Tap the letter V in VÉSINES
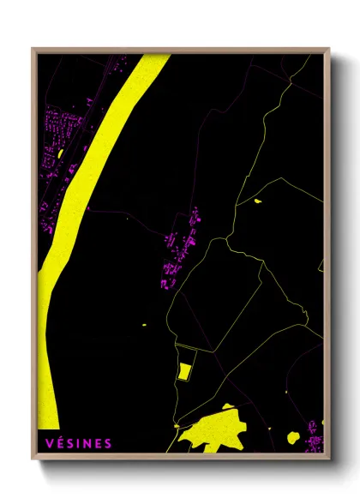pos(50,443)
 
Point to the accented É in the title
pos(60,443)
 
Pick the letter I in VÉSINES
pos(79,443)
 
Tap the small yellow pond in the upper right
pos(257,201)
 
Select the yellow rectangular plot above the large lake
pos(183,370)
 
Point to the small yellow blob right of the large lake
pos(293,437)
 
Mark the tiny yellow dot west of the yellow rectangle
pos(143,325)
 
